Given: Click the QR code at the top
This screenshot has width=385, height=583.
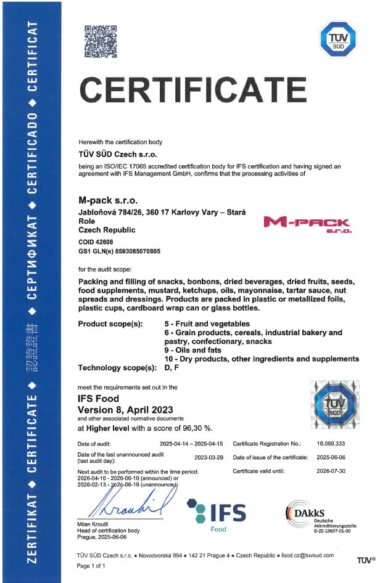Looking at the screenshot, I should click(101, 41).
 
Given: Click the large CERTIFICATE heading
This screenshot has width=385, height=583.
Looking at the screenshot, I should click(193, 89).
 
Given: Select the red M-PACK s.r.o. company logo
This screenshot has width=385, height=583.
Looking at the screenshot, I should click(307, 224).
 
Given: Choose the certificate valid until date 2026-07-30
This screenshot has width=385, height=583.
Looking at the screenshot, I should click(331, 471).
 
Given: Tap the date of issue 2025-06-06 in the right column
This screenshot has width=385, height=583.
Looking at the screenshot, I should click(331, 457).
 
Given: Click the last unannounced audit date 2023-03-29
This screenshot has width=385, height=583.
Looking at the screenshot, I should click(209, 457).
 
